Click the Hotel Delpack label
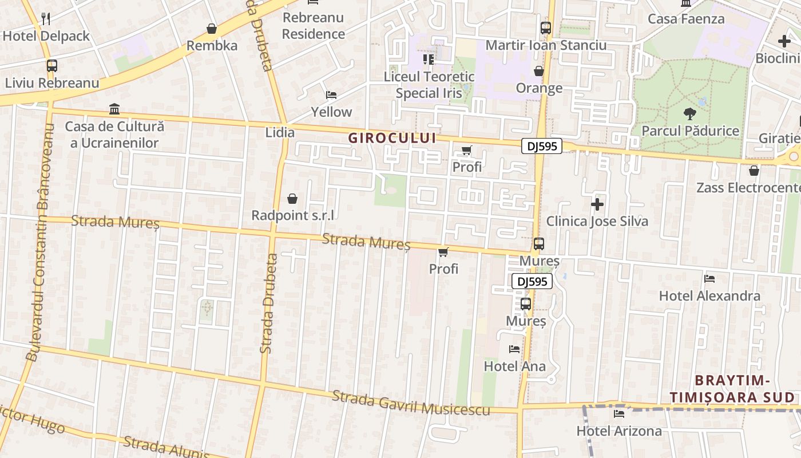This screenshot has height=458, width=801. tap(46, 36)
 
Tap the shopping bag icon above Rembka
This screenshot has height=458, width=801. tap(212, 29)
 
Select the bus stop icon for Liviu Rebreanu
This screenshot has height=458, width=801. tap(52, 66)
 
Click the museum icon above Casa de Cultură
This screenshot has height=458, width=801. tap(114, 109)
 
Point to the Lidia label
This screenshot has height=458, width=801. tap(280, 133)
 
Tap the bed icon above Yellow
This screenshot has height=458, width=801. tap(331, 94)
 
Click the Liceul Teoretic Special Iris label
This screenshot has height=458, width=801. tap(429, 85)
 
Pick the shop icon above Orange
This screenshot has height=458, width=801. tap(539, 71)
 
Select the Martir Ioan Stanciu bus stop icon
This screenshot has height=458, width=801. tap(546, 27)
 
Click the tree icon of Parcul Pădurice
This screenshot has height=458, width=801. tap(689, 113)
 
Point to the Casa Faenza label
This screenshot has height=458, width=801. tap(686, 19)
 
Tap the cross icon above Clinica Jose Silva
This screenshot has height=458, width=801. tap(597, 204)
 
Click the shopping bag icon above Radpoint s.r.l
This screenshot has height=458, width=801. tap(292, 199)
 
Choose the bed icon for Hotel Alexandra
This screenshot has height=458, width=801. tap(709, 279)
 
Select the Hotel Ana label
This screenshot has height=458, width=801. tap(515, 366)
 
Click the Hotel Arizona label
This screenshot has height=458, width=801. tap(619, 431)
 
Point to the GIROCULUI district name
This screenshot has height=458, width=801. tap(392, 138)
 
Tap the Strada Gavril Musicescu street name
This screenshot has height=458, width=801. tap(411, 403)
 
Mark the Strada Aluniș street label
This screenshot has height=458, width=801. tap(166, 447)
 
